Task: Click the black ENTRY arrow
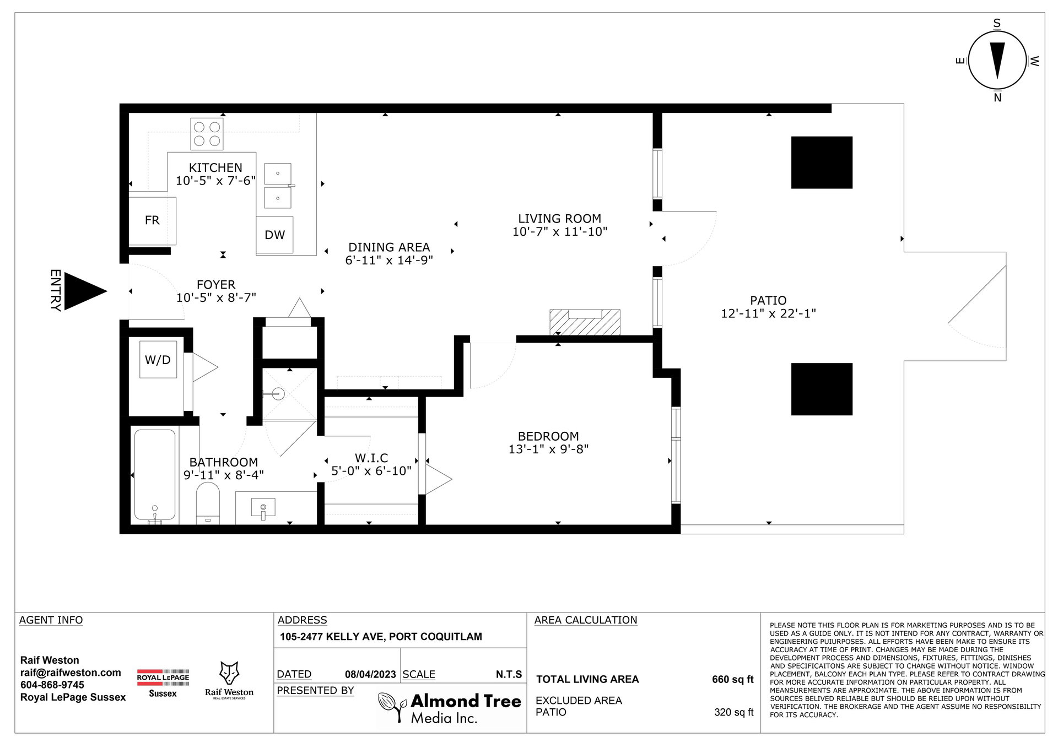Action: click(83, 291)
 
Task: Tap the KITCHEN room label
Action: click(215, 167)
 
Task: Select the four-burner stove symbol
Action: click(207, 134)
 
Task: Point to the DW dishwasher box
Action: click(274, 235)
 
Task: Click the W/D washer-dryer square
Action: click(158, 360)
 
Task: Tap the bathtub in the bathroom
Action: click(155, 476)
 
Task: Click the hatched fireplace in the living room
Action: click(585, 322)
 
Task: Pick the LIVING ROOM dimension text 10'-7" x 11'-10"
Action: click(560, 232)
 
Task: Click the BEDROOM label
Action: click(548, 436)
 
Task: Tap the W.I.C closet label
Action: click(371, 458)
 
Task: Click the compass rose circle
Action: click(997, 61)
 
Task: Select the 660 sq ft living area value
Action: click(732, 679)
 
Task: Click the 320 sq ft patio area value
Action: click(733, 712)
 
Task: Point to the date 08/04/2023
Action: click(370, 674)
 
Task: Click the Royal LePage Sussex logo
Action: click(163, 683)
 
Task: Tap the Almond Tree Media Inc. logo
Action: click(450, 708)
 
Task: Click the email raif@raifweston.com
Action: click(71, 673)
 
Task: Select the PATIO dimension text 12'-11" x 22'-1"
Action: click(768, 313)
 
